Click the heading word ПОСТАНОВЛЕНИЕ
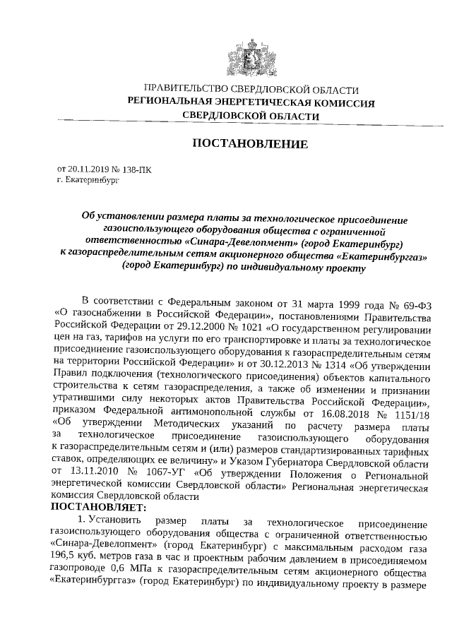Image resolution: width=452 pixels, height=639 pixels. coord(251,145)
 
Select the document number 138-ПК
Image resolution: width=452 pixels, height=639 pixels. coord(134,169)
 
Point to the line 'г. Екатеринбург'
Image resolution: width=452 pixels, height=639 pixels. coord(88,181)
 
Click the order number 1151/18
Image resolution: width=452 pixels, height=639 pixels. coord(410,417)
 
